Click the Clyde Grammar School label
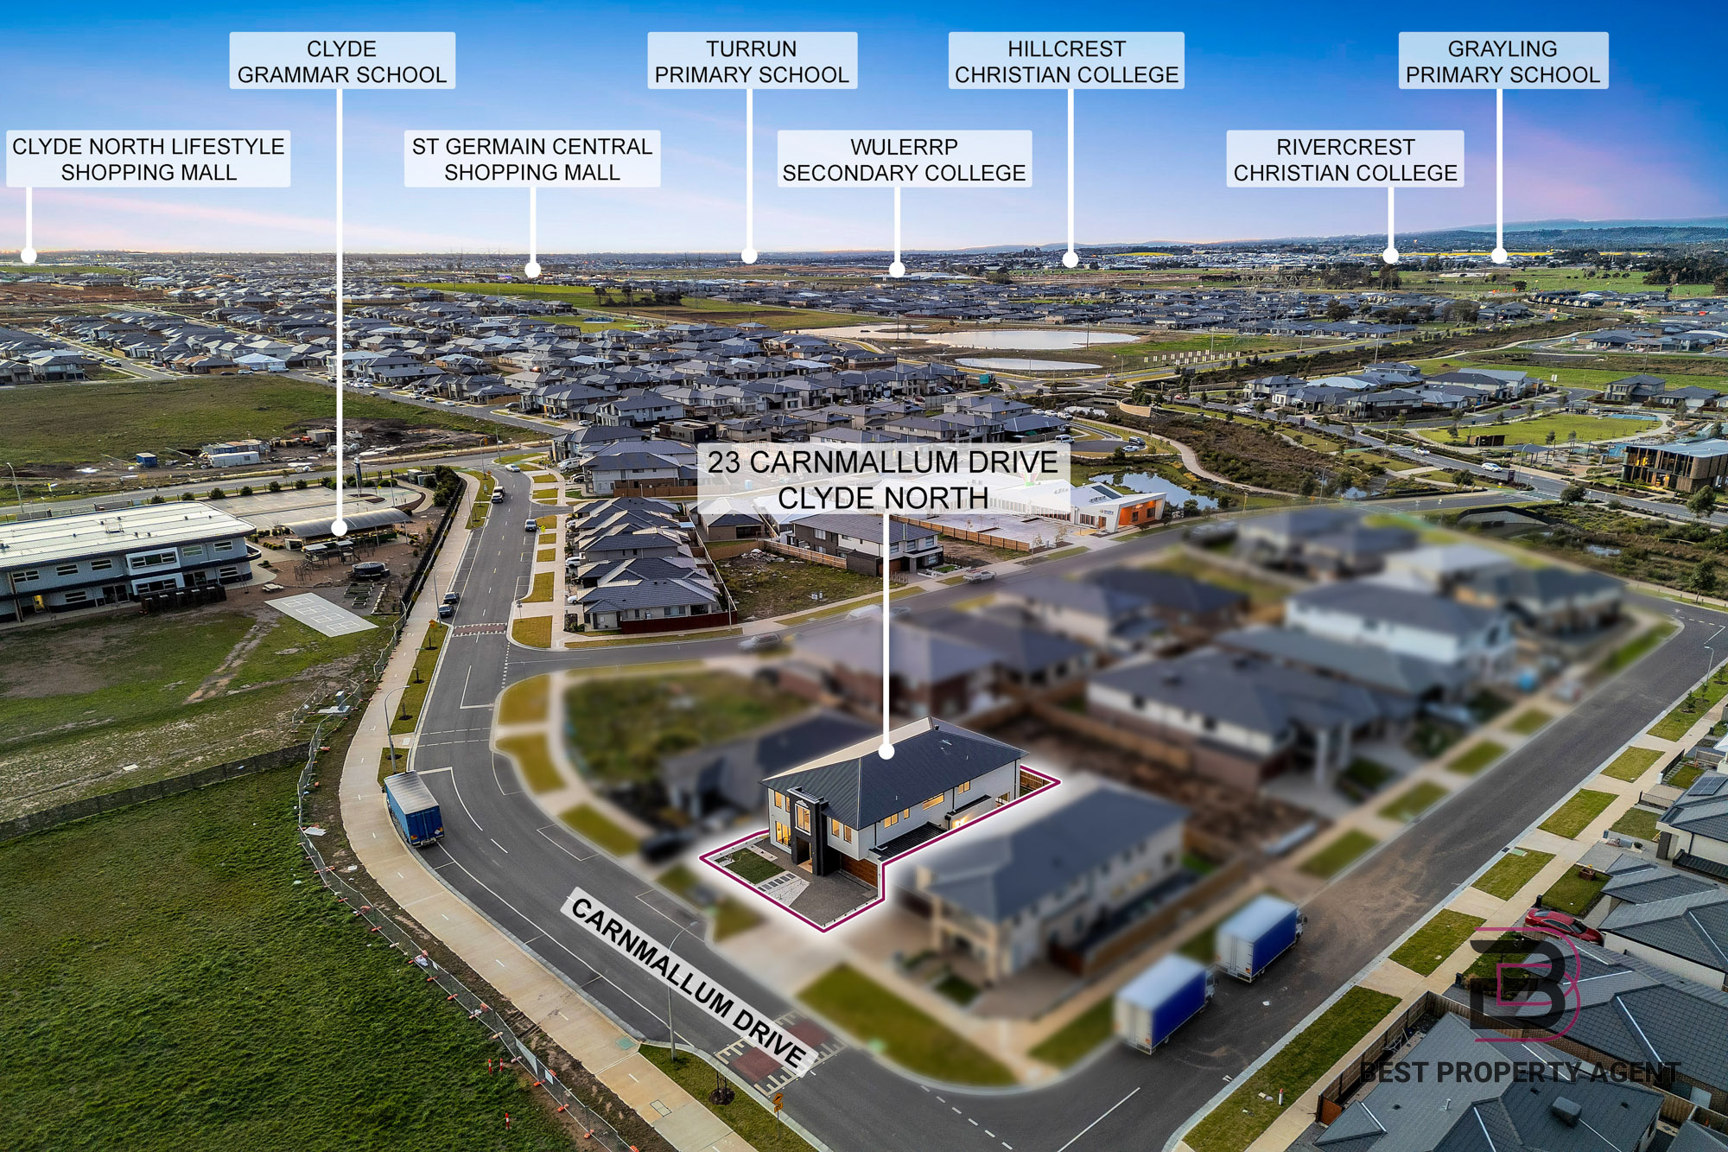pyautogui.click(x=342, y=60)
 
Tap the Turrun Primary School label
pyautogui.click(x=752, y=60)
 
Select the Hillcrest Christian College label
pyautogui.click(x=1066, y=60)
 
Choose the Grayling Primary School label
pyautogui.click(x=1503, y=60)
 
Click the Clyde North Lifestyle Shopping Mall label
pyautogui.click(x=149, y=159)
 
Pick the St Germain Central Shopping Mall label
pyautogui.click(x=532, y=159)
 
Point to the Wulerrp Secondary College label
pyautogui.click(x=905, y=159)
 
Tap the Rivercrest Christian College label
pyautogui.click(x=1345, y=159)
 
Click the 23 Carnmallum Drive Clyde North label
pyautogui.click(x=883, y=480)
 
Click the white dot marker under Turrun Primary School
pyautogui.click(x=749, y=256)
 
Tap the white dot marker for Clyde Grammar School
pyautogui.click(x=340, y=526)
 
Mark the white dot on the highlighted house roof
pyautogui.click(x=886, y=752)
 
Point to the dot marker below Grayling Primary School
pyautogui.click(x=1499, y=255)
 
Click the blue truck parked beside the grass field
pyautogui.click(x=414, y=808)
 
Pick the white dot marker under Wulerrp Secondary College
pyautogui.click(x=897, y=270)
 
